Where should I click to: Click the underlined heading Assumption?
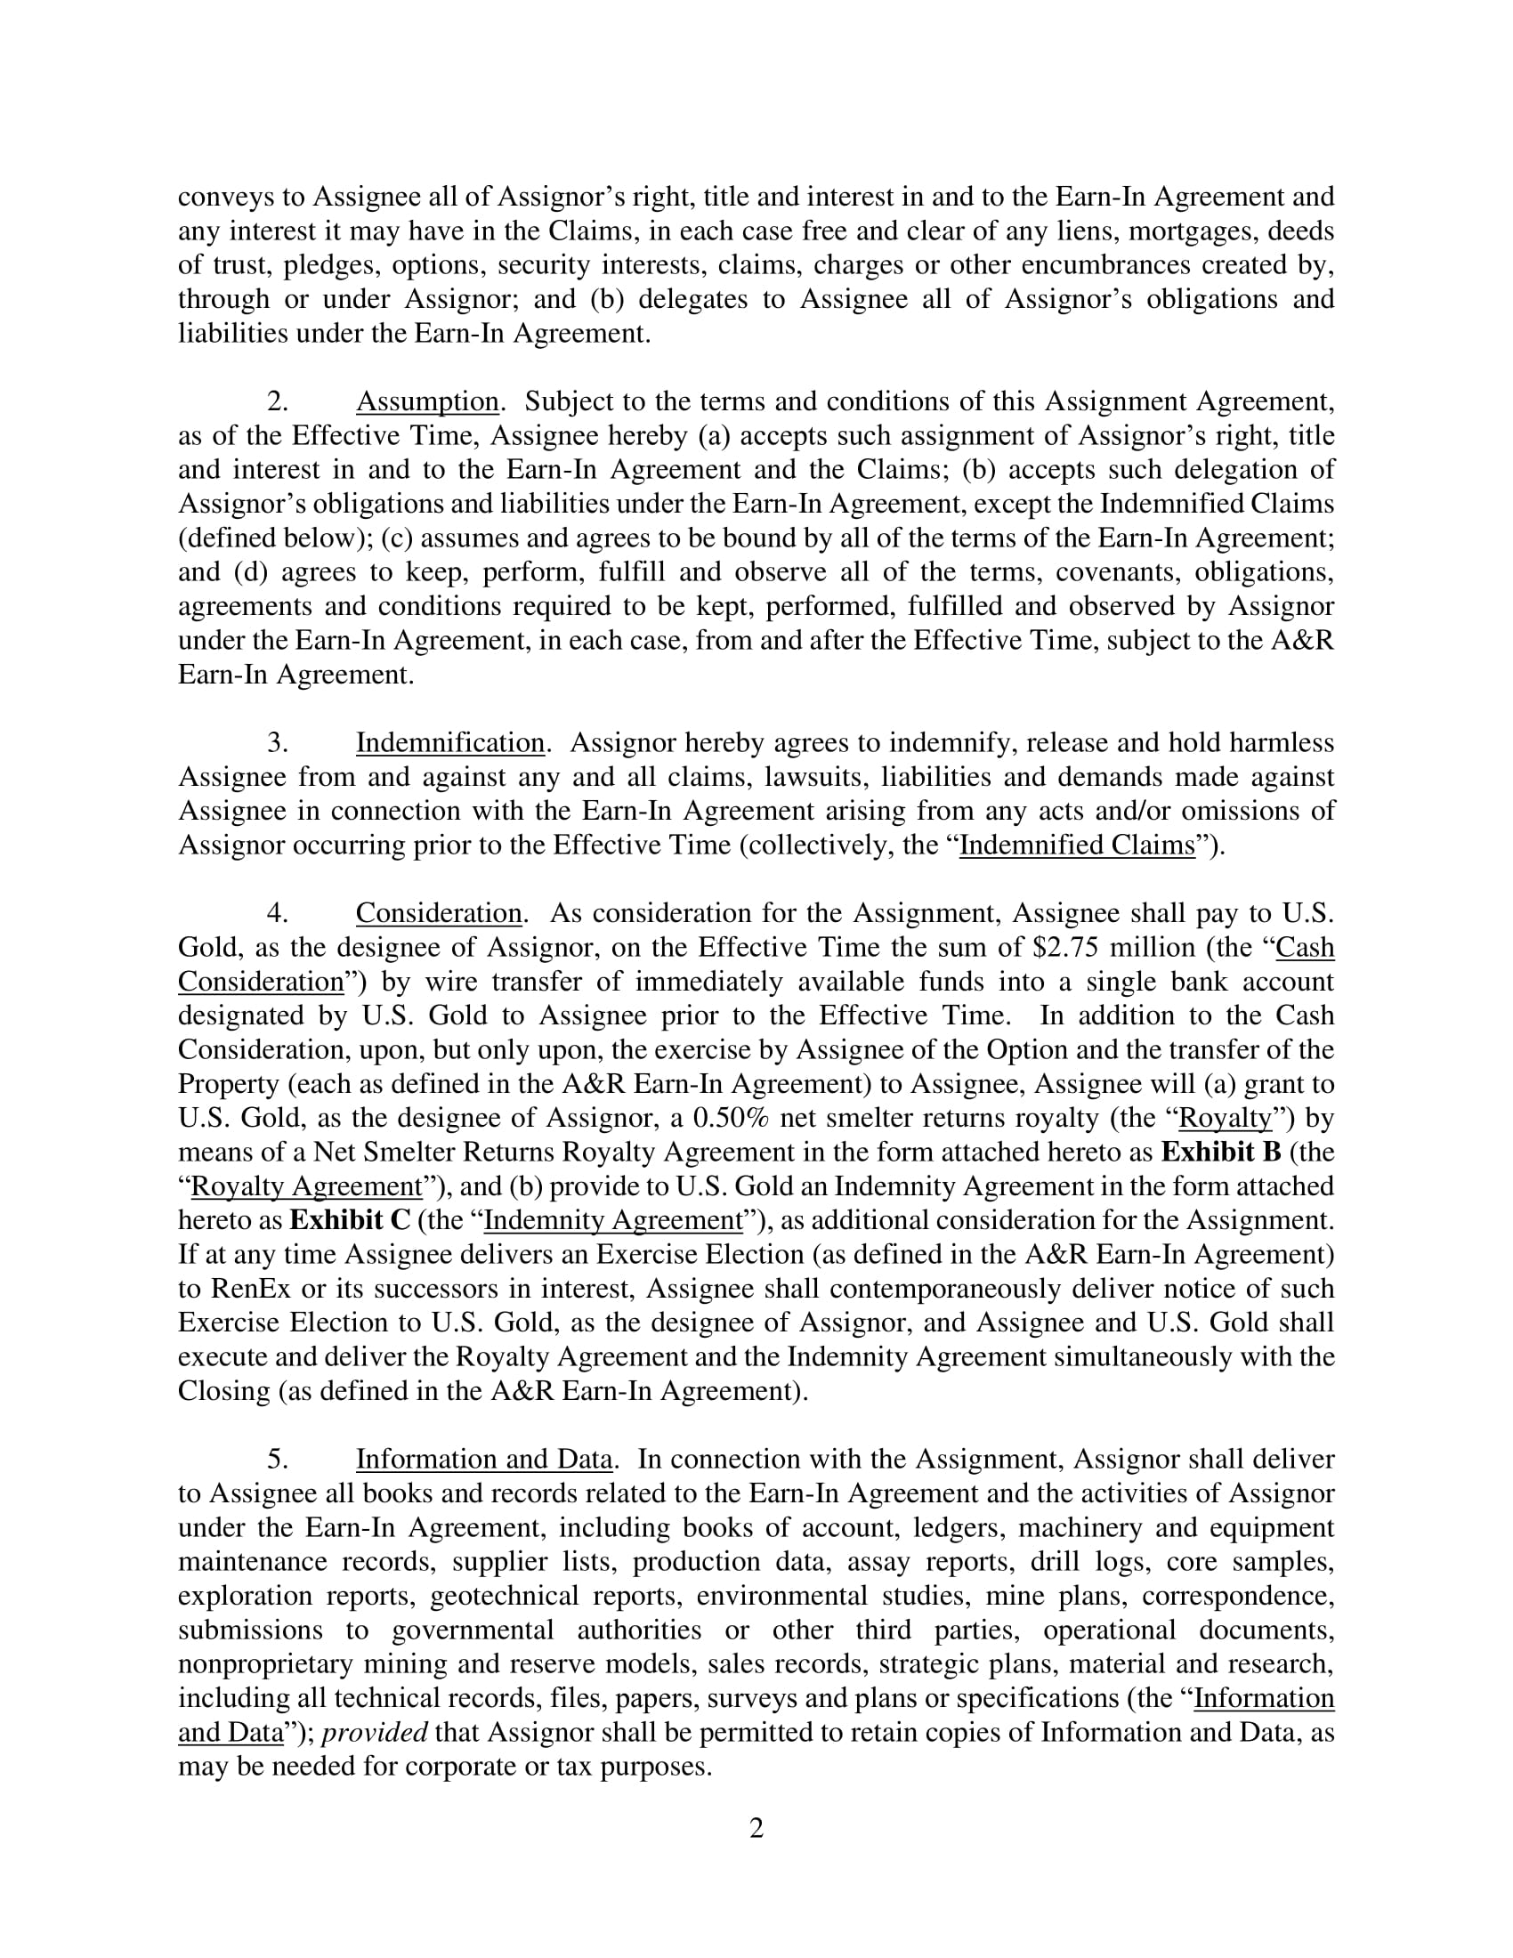[x=426, y=401]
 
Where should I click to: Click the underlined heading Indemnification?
[x=450, y=743]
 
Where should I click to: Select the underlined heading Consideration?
[x=438, y=913]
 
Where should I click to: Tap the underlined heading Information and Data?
[x=484, y=1460]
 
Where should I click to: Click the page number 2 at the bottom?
[x=756, y=1828]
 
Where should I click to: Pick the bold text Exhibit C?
[x=350, y=1220]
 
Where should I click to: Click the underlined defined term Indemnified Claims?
[x=1078, y=845]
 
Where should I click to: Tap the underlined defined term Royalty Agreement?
[x=306, y=1186]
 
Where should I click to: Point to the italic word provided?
[x=375, y=1732]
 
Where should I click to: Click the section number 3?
[x=278, y=743]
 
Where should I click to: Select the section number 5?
[x=278, y=1460]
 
